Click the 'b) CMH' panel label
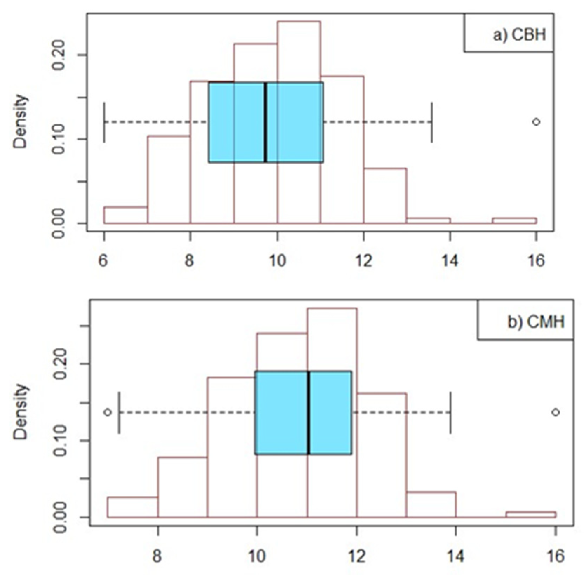point(535,322)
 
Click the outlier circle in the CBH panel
point(536,122)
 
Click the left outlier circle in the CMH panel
point(108,412)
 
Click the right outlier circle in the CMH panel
point(555,412)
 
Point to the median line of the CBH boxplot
point(265,122)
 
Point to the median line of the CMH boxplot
point(309,412)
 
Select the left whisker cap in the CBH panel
point(104,122)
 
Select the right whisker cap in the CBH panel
point(432,122)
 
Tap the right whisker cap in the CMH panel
point(450,412)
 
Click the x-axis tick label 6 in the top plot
point(103,261)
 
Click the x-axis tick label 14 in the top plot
point(450,261)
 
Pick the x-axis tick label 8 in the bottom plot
point(157,556)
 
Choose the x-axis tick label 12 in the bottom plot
point(357,556)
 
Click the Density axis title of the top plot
point(20,122)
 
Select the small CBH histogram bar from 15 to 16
point(514,220)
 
